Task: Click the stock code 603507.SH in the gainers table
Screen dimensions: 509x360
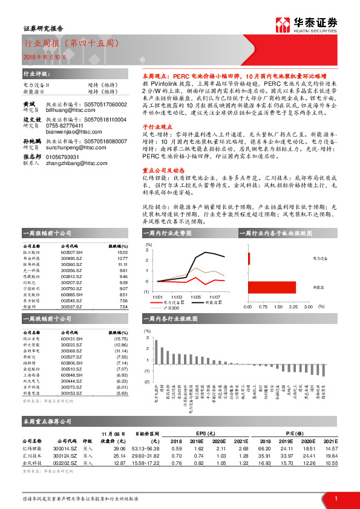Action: (72, 254)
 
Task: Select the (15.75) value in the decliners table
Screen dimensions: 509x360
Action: (120, 340)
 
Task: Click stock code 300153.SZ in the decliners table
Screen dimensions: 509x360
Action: (72, 393)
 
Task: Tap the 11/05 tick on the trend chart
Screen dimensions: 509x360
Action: (195, 297)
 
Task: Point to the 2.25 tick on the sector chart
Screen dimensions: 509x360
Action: (292, 307)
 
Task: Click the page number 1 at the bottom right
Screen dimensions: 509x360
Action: (335, 498)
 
